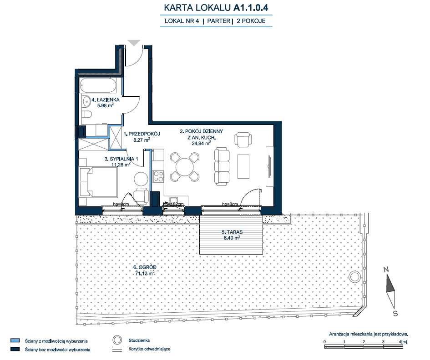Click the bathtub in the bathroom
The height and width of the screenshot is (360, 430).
98,85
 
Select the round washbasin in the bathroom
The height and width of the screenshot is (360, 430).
86,101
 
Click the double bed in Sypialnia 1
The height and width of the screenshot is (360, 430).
98,182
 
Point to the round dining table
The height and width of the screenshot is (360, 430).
185,167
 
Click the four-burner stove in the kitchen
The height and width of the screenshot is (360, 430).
158,176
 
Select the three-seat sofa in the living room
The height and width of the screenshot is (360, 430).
222,166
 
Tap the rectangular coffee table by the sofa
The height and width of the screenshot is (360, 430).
243,166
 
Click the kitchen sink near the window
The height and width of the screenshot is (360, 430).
173,200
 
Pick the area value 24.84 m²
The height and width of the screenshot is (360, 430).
201,143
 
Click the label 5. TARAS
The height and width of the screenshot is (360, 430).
232,232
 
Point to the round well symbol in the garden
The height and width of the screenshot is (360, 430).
354,277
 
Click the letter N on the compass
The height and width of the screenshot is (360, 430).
386,270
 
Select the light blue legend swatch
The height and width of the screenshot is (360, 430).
15,340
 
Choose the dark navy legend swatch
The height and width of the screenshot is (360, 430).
15,349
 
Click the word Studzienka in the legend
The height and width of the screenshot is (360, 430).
139,340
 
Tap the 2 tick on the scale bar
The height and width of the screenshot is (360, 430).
364,342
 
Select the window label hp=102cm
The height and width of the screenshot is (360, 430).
173,204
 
